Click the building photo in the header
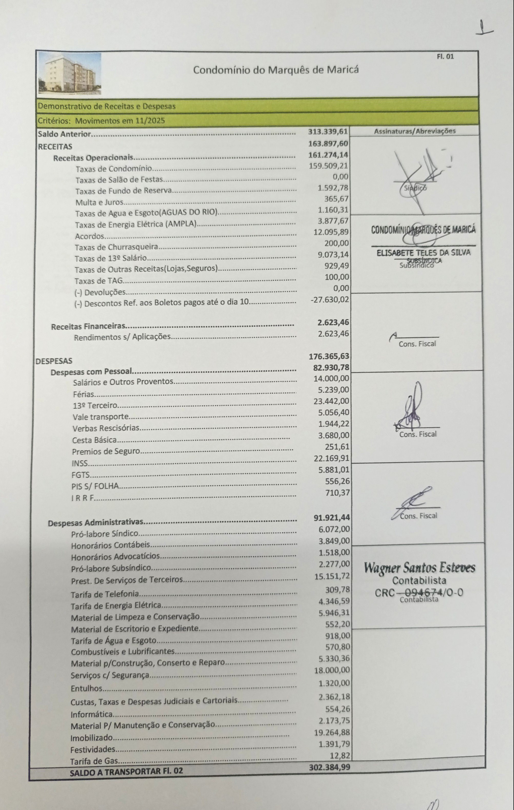[69, 73]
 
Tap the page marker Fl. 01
[445, 56]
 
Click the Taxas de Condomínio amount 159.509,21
[328, 166]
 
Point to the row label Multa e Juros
[99, 202]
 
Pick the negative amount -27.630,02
[329, 299]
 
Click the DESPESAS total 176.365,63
[329, 356]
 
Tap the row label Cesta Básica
[94, 440]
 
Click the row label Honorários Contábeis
[110, 545]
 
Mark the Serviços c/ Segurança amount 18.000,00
[332, 670]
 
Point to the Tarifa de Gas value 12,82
[339, 756]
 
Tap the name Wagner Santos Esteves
[419, 568]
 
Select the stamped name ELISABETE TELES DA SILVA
[423, 253]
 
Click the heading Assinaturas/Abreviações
[415, 131]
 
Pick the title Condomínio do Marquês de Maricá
[276, 70]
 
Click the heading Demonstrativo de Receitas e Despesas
[107, 106]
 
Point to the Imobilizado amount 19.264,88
[332, 732]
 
